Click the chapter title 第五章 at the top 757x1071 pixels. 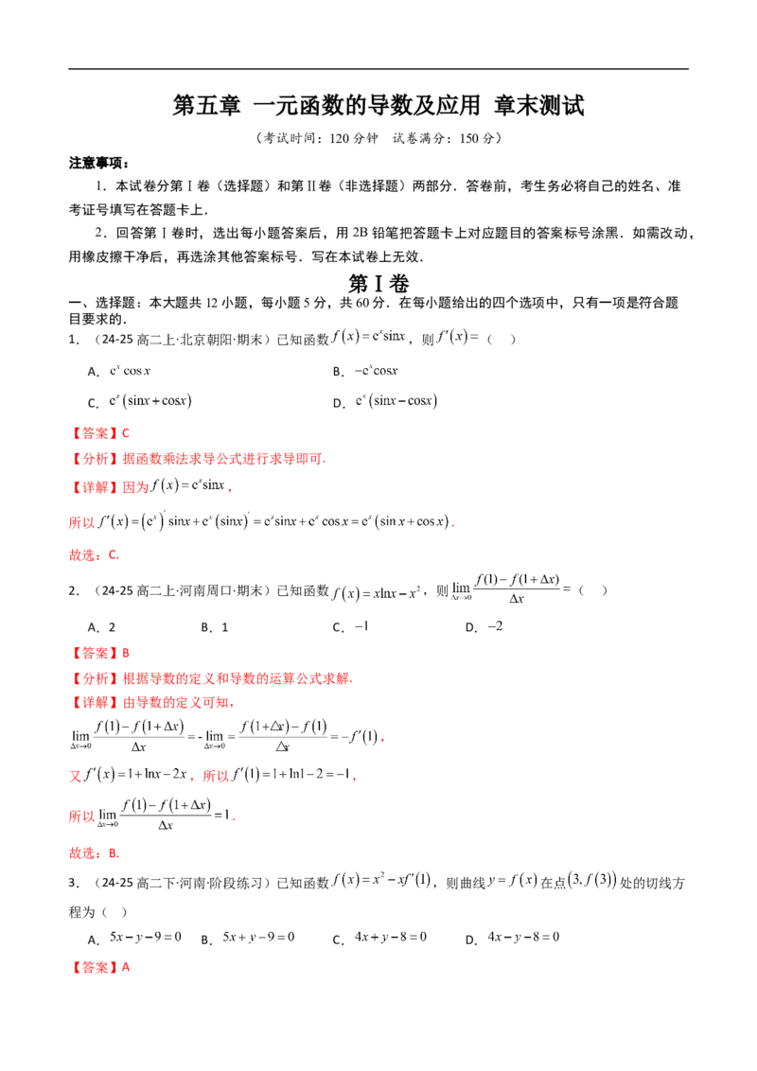[x=206, y=106]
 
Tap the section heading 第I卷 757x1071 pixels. [x=378, y=284]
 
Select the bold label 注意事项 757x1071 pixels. [x=97, y=163]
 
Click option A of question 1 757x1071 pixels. [x=119, y=371]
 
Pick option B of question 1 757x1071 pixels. [x=365, y=371]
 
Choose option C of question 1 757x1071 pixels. [x=140, y=401]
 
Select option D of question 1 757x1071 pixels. [x=385, y=401]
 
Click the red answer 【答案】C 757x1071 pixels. [x=99, y=433]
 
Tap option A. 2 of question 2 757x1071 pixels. [x=102, y=627]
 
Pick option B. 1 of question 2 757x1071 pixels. [x=215, y=627]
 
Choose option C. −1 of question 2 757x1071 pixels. [x=350, y=626]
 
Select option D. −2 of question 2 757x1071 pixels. [x=484, y=626]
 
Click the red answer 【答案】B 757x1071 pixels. [x=99, y=653]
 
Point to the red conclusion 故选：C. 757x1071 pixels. [x=95, y=554]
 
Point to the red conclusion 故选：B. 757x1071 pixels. [x=95, y=852]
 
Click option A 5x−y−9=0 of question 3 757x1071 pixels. [x=134, y=938]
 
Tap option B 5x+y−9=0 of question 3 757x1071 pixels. [x=248, y=938]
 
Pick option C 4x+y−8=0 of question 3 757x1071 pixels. [x=379, y=938]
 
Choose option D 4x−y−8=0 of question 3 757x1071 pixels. [x=513, y=938]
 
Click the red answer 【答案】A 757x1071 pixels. [x=99, y=967]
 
